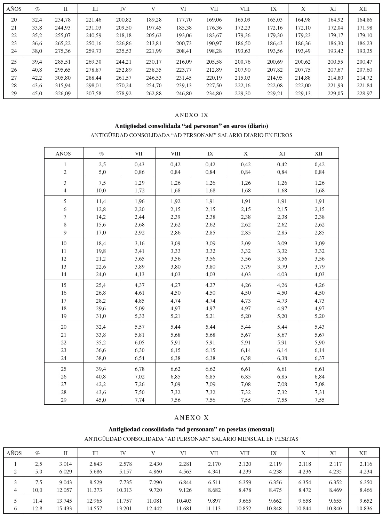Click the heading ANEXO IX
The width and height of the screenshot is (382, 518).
coord(191,115)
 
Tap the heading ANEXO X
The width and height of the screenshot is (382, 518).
coord(191,418)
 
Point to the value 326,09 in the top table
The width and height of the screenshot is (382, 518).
coord(63,94)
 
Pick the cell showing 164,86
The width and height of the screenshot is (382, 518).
coord(364,20)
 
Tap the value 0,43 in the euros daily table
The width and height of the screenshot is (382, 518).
coord(140,165)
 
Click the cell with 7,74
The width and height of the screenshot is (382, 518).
coord(140,400)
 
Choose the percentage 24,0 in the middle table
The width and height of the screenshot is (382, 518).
coord(101,274)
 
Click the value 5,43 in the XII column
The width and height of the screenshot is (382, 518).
coord(319,327)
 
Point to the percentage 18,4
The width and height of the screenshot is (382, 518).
coord(101,244)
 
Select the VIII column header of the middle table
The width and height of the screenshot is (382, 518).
coord(175,153)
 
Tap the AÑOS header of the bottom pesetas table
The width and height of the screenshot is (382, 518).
coord(14,453)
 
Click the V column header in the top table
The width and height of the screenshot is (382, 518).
coord(153,9)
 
